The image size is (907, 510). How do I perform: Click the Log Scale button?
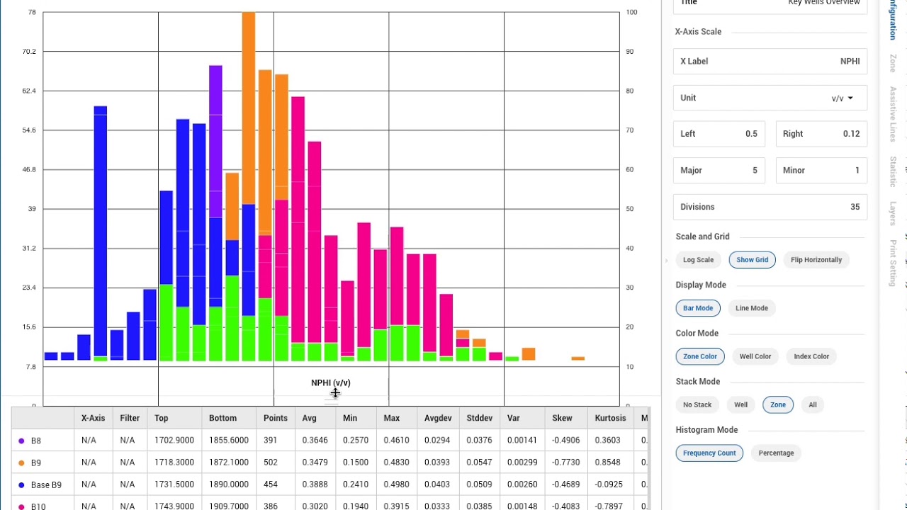[698, 260]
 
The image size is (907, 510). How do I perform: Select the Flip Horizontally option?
[816, 260]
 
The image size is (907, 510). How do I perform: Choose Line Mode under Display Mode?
[751, 308]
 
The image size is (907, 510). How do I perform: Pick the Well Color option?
[755, 356]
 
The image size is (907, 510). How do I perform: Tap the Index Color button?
[811, 356]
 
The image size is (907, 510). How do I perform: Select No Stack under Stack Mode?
[697, 405]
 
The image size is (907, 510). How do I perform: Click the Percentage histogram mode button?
[776, 453]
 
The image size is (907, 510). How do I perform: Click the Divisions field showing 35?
[770, 207]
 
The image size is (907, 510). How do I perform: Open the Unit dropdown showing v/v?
[842, 98]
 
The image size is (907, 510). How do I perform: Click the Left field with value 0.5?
[719, 134]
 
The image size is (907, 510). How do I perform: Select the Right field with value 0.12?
[821, 134]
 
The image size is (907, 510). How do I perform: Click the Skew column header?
[562, 418]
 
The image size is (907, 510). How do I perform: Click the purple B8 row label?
[35, 441]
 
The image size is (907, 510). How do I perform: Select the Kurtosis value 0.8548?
[608, 463]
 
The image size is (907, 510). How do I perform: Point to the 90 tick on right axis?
[631, 52]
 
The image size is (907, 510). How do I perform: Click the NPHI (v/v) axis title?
[331, 382]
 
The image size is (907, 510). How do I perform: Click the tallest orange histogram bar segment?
[249, 106]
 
